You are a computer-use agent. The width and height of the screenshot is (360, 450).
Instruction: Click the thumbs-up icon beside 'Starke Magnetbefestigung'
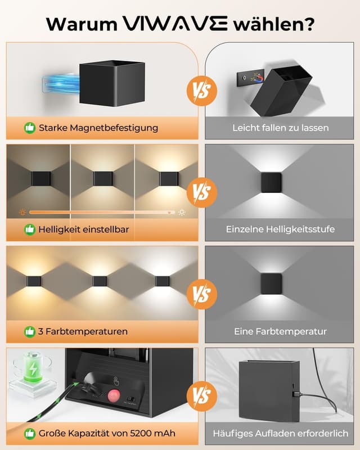[x=29, y=128]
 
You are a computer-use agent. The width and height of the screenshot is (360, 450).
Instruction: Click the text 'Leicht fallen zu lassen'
[x=281, y=128]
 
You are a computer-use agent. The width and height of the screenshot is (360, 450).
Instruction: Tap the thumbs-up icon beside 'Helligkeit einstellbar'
[x=29, y=229]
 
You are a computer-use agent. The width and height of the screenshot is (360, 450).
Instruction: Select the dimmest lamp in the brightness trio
[x=39, y=179]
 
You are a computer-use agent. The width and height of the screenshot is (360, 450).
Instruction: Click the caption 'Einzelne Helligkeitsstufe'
[x=281, y=229]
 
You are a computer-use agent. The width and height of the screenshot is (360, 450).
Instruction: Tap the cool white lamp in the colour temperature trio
[x=163, y=280]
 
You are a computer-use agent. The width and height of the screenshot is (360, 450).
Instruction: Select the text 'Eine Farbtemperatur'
[x=281, y=331]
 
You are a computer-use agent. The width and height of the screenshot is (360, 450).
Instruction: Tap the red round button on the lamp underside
[x=115, y=396]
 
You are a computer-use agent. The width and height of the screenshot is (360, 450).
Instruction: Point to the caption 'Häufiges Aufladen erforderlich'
[x=281, y=433]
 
